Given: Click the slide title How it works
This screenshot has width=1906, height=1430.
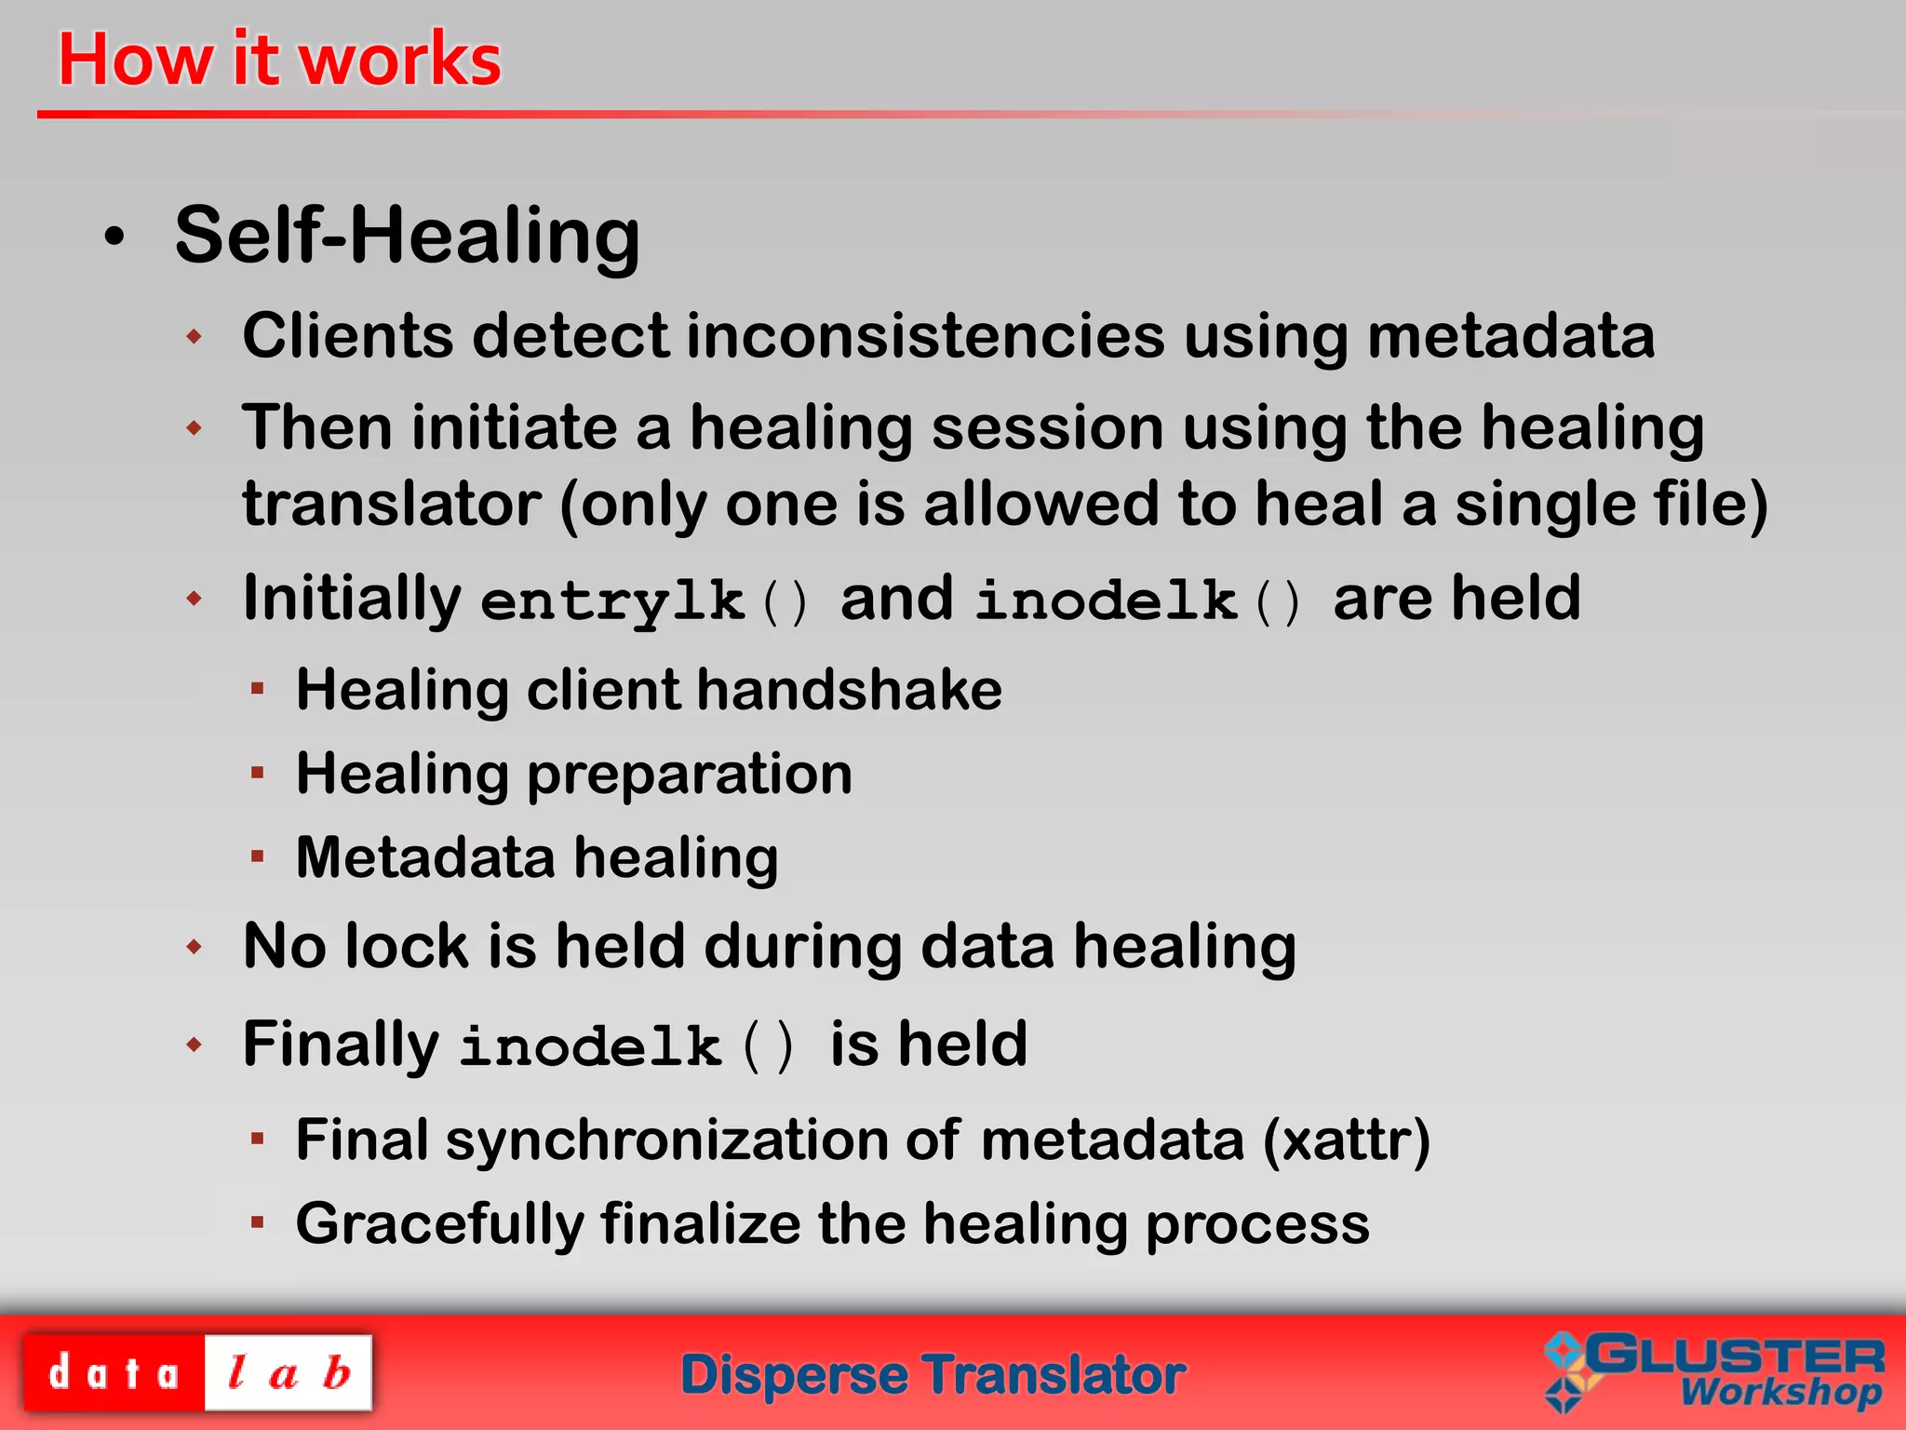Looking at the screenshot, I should coord(279,60).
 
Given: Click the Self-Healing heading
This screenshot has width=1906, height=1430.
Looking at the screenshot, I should coord(407,236).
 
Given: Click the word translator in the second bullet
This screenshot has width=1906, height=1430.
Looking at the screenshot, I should coord(391,505).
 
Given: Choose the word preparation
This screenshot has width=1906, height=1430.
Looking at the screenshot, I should coord(689,775).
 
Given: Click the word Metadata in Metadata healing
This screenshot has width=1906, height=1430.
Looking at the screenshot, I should coord(424,858).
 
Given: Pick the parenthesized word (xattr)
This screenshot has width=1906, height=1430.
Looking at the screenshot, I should coord(1346,1140).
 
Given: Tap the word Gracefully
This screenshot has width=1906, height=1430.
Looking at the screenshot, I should coord(437,1224).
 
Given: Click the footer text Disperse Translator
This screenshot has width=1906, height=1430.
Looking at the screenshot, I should coord(933,1375).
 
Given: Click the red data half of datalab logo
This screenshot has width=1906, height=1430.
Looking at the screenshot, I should coord(114,1373).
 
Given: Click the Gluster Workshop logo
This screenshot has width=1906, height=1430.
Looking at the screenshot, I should coord(1714,1371).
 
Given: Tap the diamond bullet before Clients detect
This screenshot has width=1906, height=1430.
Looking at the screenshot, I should coord(194,336).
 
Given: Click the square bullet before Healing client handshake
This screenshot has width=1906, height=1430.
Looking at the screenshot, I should coord(258,689).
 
